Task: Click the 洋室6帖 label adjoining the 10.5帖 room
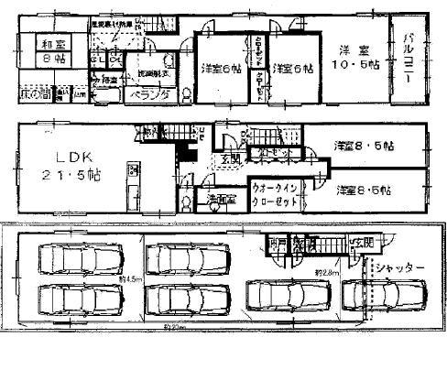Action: [x=293, y=68]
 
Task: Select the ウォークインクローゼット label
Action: [x=271, y=196]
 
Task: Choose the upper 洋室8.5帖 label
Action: [x=364, y=146]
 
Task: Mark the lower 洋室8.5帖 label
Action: [x=364, y=190]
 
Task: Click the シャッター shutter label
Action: [x=399, y=267]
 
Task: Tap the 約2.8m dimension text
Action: [x=327, y=272]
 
